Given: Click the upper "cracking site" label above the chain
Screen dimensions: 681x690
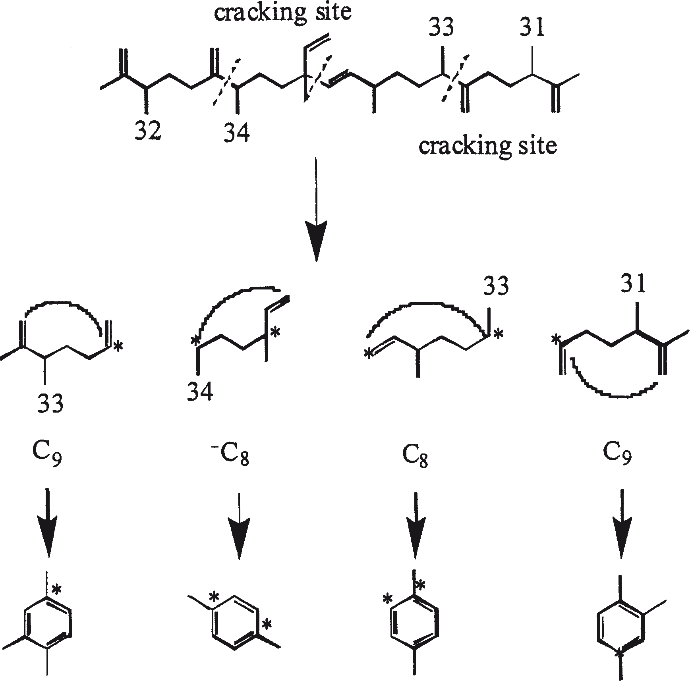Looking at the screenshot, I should [283, 13].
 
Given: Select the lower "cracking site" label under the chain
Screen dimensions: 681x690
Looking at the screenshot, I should [488, 146].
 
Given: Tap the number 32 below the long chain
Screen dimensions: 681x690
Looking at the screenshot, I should [148, 131].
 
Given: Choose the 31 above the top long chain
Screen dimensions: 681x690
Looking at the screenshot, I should [532, 29].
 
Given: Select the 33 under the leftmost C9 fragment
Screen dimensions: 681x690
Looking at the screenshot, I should [50, 404].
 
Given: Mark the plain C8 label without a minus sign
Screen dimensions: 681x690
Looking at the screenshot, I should [415, 456].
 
